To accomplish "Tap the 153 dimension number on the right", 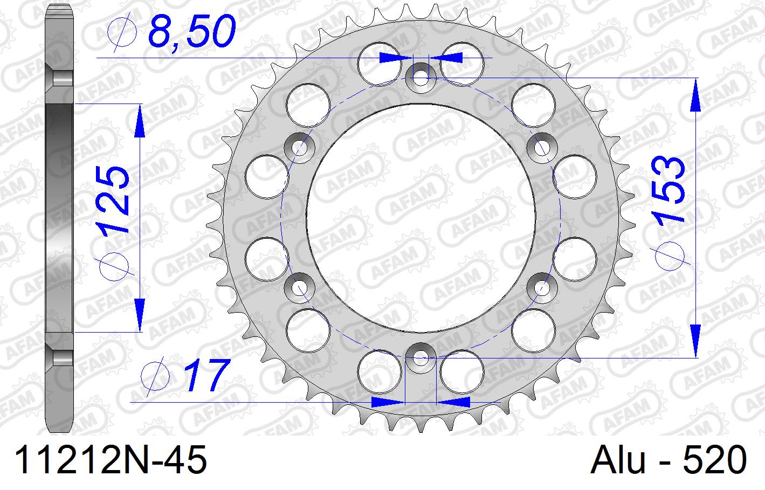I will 668,190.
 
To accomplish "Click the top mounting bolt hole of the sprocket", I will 421,77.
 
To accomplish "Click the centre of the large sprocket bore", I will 421,217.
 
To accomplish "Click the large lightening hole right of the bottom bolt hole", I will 462,371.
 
